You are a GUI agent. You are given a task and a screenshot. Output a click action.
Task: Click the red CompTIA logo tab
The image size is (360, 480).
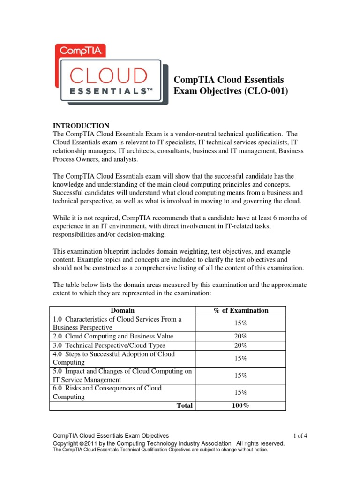(80, 50)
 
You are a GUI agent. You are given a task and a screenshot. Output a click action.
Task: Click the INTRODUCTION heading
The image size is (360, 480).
(81, 126)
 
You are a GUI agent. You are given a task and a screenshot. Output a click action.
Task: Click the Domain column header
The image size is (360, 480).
(122, 310)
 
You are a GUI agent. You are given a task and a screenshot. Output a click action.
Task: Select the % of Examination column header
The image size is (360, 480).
(240, 310)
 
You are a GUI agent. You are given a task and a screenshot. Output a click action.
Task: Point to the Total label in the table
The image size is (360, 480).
(184, 405)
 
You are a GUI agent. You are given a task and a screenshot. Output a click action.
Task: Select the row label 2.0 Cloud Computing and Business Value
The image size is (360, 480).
(113, 336)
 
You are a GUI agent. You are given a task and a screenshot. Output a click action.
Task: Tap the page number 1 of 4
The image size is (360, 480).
(300, 435)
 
